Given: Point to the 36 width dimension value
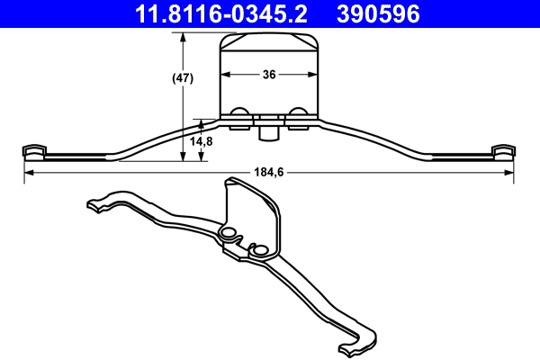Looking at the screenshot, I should coord(269,76).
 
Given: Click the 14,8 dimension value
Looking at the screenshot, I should coord(202,141).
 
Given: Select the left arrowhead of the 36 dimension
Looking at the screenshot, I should coord(224,76).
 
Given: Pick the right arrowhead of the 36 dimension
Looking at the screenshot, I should coord(316,76).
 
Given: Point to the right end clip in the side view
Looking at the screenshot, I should coord(504,150).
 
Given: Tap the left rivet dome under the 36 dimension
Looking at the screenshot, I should coord(240,113).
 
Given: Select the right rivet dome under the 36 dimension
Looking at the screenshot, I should coord(298,113).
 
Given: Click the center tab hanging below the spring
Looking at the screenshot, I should coord(267,132).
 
